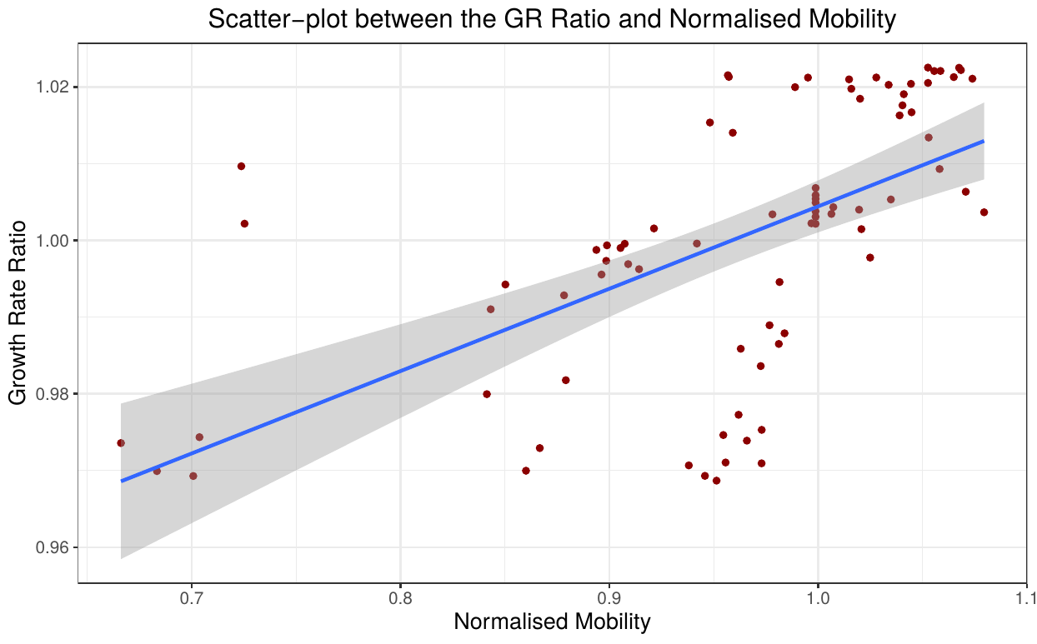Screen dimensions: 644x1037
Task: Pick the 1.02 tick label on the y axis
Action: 56,87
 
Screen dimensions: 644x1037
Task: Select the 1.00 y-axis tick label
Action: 56,241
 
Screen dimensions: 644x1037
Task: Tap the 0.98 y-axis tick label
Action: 56,394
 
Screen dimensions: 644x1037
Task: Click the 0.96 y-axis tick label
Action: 56,547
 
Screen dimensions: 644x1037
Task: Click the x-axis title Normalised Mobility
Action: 552,622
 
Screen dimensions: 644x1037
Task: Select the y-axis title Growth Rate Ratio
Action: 18,312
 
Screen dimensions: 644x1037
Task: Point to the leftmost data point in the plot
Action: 121,443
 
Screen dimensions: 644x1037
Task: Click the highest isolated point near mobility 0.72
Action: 241,166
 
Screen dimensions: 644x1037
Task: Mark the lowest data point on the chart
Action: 716,481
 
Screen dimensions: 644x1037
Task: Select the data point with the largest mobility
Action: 984,212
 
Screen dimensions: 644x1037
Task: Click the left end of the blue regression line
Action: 122,481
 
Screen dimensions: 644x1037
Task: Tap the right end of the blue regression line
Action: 984,141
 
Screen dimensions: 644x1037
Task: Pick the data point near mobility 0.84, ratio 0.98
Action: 487,394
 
